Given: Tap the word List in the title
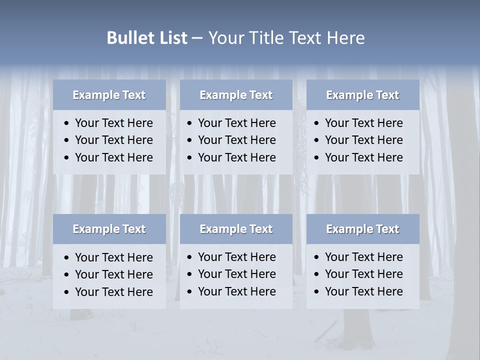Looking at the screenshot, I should (172, 38).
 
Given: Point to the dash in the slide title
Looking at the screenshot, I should (197, 38).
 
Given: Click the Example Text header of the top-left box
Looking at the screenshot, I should (109, 95).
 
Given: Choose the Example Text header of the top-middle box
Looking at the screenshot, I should (236, 95).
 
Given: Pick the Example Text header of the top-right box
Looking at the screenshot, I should (362, 95).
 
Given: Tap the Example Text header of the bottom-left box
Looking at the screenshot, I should (109, 229).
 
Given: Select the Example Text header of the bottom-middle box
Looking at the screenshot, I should (236, 229).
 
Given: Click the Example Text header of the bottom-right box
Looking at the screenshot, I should (362, 229).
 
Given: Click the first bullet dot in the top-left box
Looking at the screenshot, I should (67, 123).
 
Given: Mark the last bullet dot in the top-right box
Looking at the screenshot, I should (317, 158).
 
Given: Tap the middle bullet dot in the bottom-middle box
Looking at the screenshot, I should (190, 274).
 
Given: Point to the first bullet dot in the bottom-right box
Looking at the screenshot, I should (317, 257).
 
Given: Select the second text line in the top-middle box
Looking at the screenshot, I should (237, 140).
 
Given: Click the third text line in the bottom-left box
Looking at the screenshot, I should (114, 292).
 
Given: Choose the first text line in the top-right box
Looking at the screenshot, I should (364, 123).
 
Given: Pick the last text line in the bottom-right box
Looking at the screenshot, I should (364, 291).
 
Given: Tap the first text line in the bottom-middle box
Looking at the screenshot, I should (237, 257).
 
